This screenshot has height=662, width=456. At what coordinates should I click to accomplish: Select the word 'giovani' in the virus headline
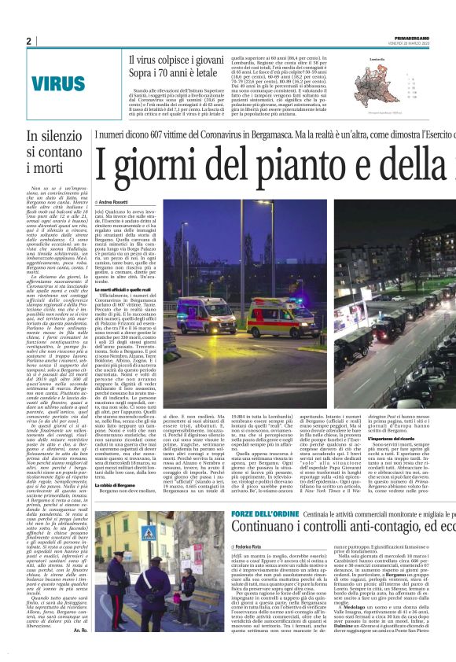point(203,60)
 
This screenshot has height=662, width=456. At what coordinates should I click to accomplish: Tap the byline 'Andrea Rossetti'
point(112,203)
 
